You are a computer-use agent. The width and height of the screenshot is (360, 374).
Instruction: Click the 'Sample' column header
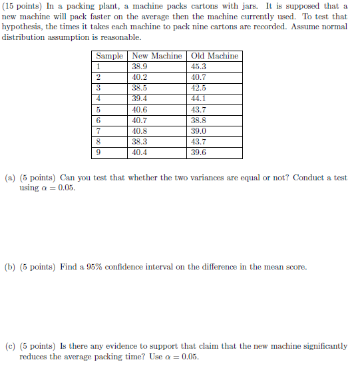click(x=110, y=56)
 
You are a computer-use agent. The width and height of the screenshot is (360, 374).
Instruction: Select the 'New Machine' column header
click(x=157, y=56)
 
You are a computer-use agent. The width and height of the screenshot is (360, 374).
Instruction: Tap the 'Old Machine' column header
click(x=214, y=56)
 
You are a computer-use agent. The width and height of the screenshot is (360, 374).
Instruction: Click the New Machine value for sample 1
click(x=140, y=67)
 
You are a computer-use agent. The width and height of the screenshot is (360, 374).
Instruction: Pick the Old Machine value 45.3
click(x=198, y=67)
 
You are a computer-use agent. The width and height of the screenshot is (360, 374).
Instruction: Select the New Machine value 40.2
click(x=140, y=77)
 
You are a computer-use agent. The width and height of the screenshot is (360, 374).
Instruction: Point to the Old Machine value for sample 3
click(x=198, y=88)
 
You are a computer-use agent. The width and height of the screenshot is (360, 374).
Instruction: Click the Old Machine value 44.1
click(x=198, y=98)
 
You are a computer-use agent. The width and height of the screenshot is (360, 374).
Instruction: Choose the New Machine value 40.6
click(x=140, y=109)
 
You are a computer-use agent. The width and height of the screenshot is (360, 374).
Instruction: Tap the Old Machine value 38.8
click(x=198, y=120)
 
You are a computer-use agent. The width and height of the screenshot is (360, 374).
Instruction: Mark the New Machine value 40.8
click(x=140, y=130)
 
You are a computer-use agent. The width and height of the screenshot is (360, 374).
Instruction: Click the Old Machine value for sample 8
click(x=198, y=141)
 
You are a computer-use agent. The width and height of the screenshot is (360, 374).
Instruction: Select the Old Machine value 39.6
click(x=198, y=152)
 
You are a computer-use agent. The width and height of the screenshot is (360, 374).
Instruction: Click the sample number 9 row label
click(x=98, y=152)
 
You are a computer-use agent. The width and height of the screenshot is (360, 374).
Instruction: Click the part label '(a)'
click(x=11, y=178)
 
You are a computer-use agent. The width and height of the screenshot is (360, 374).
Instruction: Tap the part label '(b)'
click(x=11, y=267)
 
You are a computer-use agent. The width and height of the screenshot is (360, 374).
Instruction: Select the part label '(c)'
click(x=11, y=346)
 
